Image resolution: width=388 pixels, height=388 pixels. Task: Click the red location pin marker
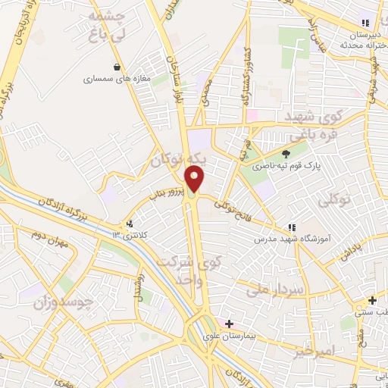tap(196, 179)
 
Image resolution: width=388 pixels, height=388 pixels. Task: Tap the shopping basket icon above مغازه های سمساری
tap(116, 67)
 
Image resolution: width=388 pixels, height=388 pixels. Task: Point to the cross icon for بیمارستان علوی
tap(229, 324)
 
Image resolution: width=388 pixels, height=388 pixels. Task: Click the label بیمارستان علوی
tap(230, 335)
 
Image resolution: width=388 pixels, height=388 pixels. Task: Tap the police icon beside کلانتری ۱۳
tap(130, 224)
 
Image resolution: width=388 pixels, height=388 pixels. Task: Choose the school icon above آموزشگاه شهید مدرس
tap(291, 227)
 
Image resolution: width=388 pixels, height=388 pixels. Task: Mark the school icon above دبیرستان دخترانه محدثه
tap(366, 23)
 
